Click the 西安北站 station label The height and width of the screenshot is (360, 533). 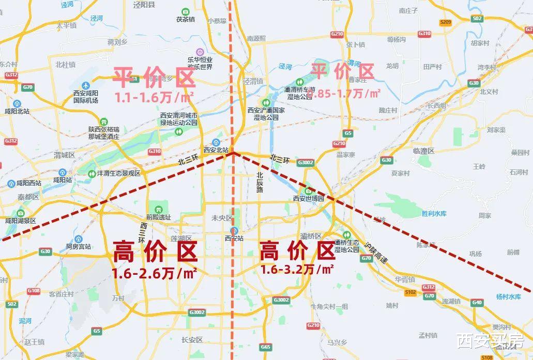coord(216,150)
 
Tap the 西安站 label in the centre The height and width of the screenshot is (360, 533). coord(234,238)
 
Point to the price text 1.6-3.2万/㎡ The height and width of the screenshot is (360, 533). coord(297,269)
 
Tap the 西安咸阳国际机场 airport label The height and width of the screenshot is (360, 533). coord(85,97)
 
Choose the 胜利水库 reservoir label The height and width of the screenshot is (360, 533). coord(434,212)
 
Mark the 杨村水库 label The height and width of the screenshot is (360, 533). coord(508,296)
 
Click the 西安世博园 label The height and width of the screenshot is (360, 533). coord(308,198)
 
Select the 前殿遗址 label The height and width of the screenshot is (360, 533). coord(158,217)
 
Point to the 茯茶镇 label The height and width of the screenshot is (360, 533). coord(185,20)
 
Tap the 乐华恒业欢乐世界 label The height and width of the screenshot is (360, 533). coord(200,63)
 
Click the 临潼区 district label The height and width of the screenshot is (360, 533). coord(423,151)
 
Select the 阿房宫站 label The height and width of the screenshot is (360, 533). coord(79,246)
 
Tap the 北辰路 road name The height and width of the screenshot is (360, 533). coord(260,182)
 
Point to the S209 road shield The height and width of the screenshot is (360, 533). coord(445,22)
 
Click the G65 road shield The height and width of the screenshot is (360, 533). coord(266,347)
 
